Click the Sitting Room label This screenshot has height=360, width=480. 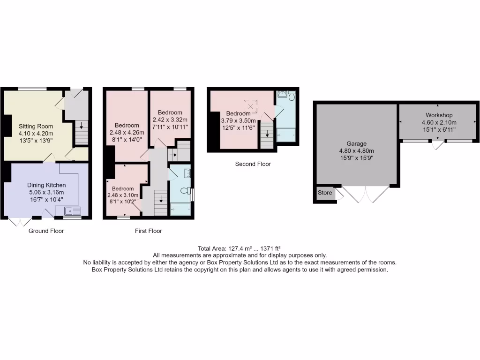[36, 126]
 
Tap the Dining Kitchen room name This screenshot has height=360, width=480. [46, 185]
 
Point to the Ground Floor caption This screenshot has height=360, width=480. [46, 231]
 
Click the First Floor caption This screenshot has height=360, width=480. [148, 231]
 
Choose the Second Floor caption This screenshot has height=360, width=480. [253, 164]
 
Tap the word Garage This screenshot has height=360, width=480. [357, 143]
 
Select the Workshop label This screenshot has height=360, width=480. [439, 115]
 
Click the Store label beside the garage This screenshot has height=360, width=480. [324, 193]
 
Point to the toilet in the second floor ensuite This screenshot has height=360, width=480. [291, 96]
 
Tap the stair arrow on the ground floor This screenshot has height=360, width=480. [81, 126]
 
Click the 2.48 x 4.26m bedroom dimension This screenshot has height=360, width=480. [127, 132]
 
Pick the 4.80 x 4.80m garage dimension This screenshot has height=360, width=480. [357, 150]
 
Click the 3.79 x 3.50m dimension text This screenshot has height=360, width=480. [238, 120]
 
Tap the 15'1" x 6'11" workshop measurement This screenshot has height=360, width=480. [439, 129]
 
